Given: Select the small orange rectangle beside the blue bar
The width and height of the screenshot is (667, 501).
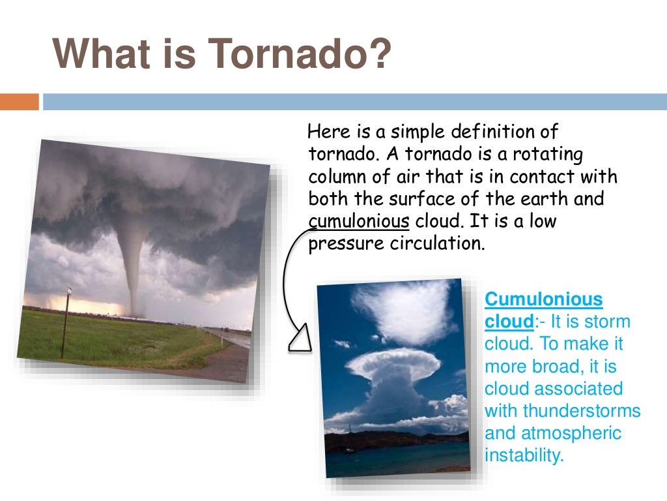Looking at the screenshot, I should tap(20, 102).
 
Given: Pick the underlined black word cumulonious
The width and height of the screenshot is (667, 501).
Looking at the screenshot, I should tap(359, 221).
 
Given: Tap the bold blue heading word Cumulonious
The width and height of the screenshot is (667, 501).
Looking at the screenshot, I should tap(544, 300).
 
